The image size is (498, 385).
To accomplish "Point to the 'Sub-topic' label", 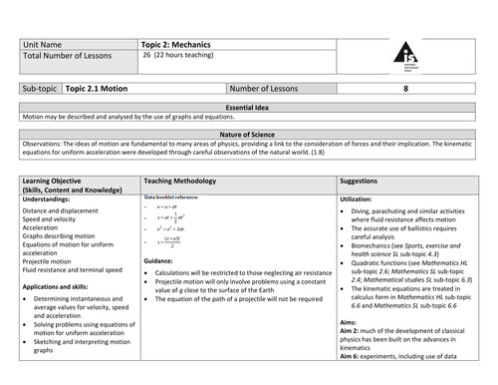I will click(x=39, y=88).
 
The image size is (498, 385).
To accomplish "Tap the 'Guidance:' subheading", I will click(x=159, y=259).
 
